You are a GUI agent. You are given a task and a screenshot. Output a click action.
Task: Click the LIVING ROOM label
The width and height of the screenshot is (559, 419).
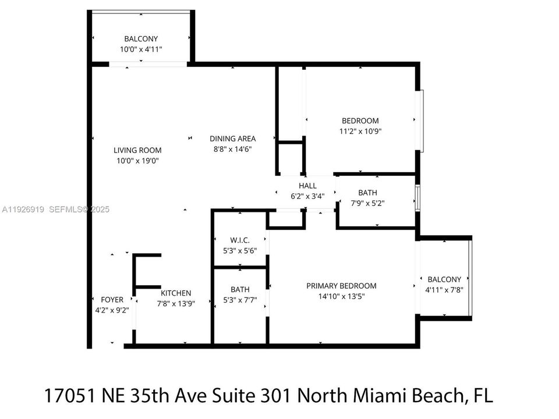point(137,150)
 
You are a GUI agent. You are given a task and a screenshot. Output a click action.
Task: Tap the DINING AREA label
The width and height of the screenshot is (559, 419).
point(232,139)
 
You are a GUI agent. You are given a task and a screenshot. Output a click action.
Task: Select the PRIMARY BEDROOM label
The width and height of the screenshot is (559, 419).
point(341,286)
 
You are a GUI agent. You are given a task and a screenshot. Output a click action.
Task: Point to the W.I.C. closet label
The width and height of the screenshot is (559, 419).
point(240,240)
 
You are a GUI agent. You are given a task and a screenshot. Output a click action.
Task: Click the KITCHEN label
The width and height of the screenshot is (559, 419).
point(176,293)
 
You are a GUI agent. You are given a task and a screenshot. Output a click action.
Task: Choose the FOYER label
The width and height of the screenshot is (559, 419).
point(112,300)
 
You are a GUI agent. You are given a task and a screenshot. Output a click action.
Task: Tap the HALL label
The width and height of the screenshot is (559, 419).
point(307,186)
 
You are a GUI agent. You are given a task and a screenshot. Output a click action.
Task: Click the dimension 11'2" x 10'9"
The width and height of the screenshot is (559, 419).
point(360,132)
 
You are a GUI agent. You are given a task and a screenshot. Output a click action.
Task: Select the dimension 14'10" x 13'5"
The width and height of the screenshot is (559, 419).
point(341,297)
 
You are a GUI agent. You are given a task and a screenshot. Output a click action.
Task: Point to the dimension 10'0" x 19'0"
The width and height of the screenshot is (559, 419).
point(137,161)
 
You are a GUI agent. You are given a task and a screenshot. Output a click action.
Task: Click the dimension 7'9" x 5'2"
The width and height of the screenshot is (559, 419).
point(367,204)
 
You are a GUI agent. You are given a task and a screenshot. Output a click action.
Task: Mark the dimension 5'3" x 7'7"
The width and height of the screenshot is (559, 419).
point(240,300)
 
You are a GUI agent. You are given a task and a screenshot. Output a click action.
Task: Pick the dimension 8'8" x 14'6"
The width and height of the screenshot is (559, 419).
point(232,150)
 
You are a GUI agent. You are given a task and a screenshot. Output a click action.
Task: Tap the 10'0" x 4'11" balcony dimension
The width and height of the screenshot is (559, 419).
point(141,50)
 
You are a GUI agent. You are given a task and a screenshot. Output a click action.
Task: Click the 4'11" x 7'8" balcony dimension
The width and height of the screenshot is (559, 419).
point(444,290)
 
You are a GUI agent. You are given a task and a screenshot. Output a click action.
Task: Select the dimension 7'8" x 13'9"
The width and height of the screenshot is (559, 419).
point(176,303)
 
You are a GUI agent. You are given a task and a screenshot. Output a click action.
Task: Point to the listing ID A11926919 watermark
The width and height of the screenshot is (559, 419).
point(23,210)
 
